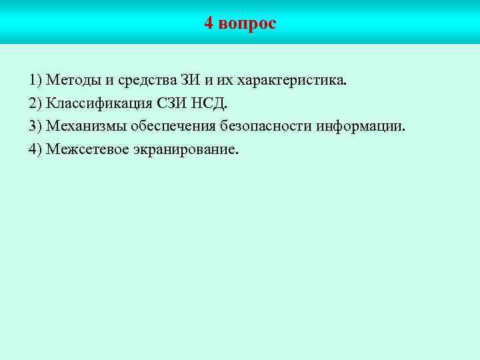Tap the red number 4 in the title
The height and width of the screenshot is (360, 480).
click(209, 24)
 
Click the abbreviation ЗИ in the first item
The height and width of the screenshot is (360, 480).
click(190, 81)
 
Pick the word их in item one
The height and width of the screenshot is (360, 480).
click(224, 81)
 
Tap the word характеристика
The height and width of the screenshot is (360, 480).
click(291, 81)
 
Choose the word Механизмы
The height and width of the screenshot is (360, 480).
click(84, 127)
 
